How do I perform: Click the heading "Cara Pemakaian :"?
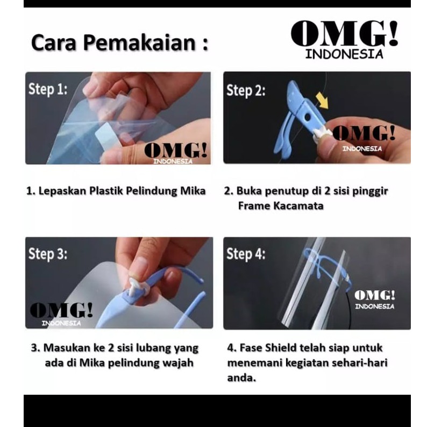coord(120,43)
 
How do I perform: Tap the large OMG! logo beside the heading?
coord(344,40)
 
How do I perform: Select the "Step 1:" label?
coord(48,89)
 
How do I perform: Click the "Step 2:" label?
coord(246,90)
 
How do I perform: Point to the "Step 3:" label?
coord(48,254)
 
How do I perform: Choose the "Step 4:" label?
coord(246,254)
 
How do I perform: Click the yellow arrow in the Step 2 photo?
coord(323,100)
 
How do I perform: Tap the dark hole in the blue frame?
coord(308,117)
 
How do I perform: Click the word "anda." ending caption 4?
coord(242,378)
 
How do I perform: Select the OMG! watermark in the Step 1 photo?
coord(176,153)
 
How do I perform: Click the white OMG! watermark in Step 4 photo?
coord(375,300)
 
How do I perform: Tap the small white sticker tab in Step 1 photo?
coord(106,134)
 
